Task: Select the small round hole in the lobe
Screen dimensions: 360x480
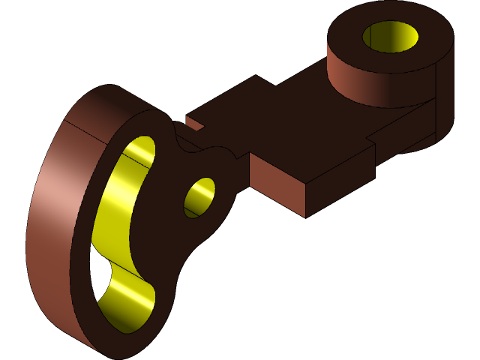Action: [x=199, y=197]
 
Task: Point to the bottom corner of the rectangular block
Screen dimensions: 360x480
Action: [x=305, y=217]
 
